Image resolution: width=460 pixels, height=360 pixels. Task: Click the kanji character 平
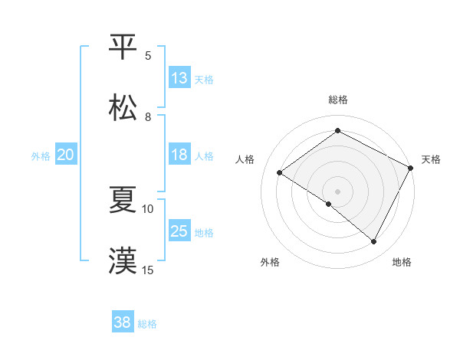pos(123,47)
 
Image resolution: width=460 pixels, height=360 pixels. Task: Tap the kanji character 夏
pos(123,200)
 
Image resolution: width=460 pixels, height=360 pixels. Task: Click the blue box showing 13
pos(179,78)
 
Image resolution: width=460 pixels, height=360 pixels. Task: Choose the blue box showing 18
pos(179,155)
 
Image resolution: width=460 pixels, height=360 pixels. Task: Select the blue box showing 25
pos(179,231)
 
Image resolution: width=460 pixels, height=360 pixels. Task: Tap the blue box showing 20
pos(65,155)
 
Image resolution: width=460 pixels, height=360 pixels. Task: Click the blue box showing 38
pos(123,322)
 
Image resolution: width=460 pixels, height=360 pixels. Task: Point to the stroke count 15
pos(148,270)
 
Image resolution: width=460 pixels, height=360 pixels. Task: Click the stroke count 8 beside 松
pos(148,116)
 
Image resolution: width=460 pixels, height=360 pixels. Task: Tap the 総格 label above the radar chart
pos(338,100)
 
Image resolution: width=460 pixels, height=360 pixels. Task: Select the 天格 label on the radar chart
pos(431,159)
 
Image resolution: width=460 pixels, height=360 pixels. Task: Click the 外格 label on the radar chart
pos(269,262)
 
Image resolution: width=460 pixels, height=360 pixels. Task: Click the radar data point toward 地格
pos(374,242)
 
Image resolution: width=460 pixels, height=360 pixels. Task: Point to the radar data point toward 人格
pos(280,173)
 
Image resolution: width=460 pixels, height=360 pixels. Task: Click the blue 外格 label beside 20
pos(41,155)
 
